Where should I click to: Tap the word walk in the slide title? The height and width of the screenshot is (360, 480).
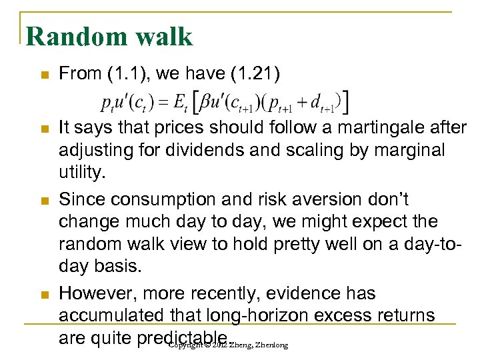point(163,36)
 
